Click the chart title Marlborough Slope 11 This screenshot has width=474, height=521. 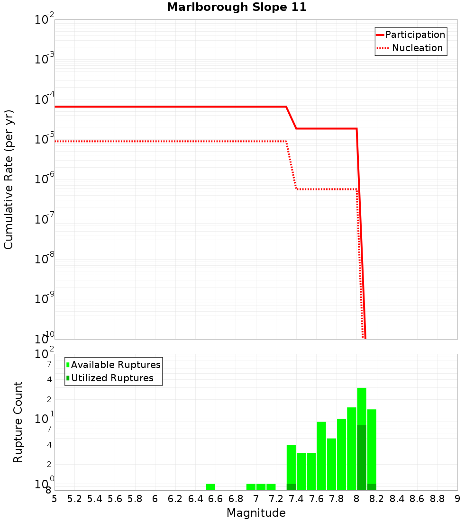(237, 7)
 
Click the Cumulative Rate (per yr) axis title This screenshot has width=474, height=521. (9, 179)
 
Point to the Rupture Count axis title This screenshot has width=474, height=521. (18, 422)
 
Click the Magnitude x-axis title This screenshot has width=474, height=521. (256, 513)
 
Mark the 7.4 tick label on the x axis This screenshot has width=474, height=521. (296, 499)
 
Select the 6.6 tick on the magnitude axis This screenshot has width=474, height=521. (216, 499)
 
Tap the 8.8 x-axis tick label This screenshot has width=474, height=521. (437, 499)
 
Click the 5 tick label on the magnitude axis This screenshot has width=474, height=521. (55, 499)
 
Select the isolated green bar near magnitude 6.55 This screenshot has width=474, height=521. (210, 487)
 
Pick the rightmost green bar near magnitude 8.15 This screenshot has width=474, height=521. (372, 445)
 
